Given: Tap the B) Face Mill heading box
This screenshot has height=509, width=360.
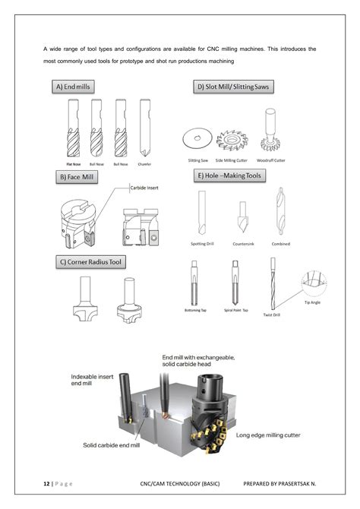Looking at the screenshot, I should click(78, 177).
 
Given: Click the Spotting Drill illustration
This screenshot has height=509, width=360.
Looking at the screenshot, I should click(201, 213).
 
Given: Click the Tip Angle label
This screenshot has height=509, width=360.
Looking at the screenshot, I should click(312, 302).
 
